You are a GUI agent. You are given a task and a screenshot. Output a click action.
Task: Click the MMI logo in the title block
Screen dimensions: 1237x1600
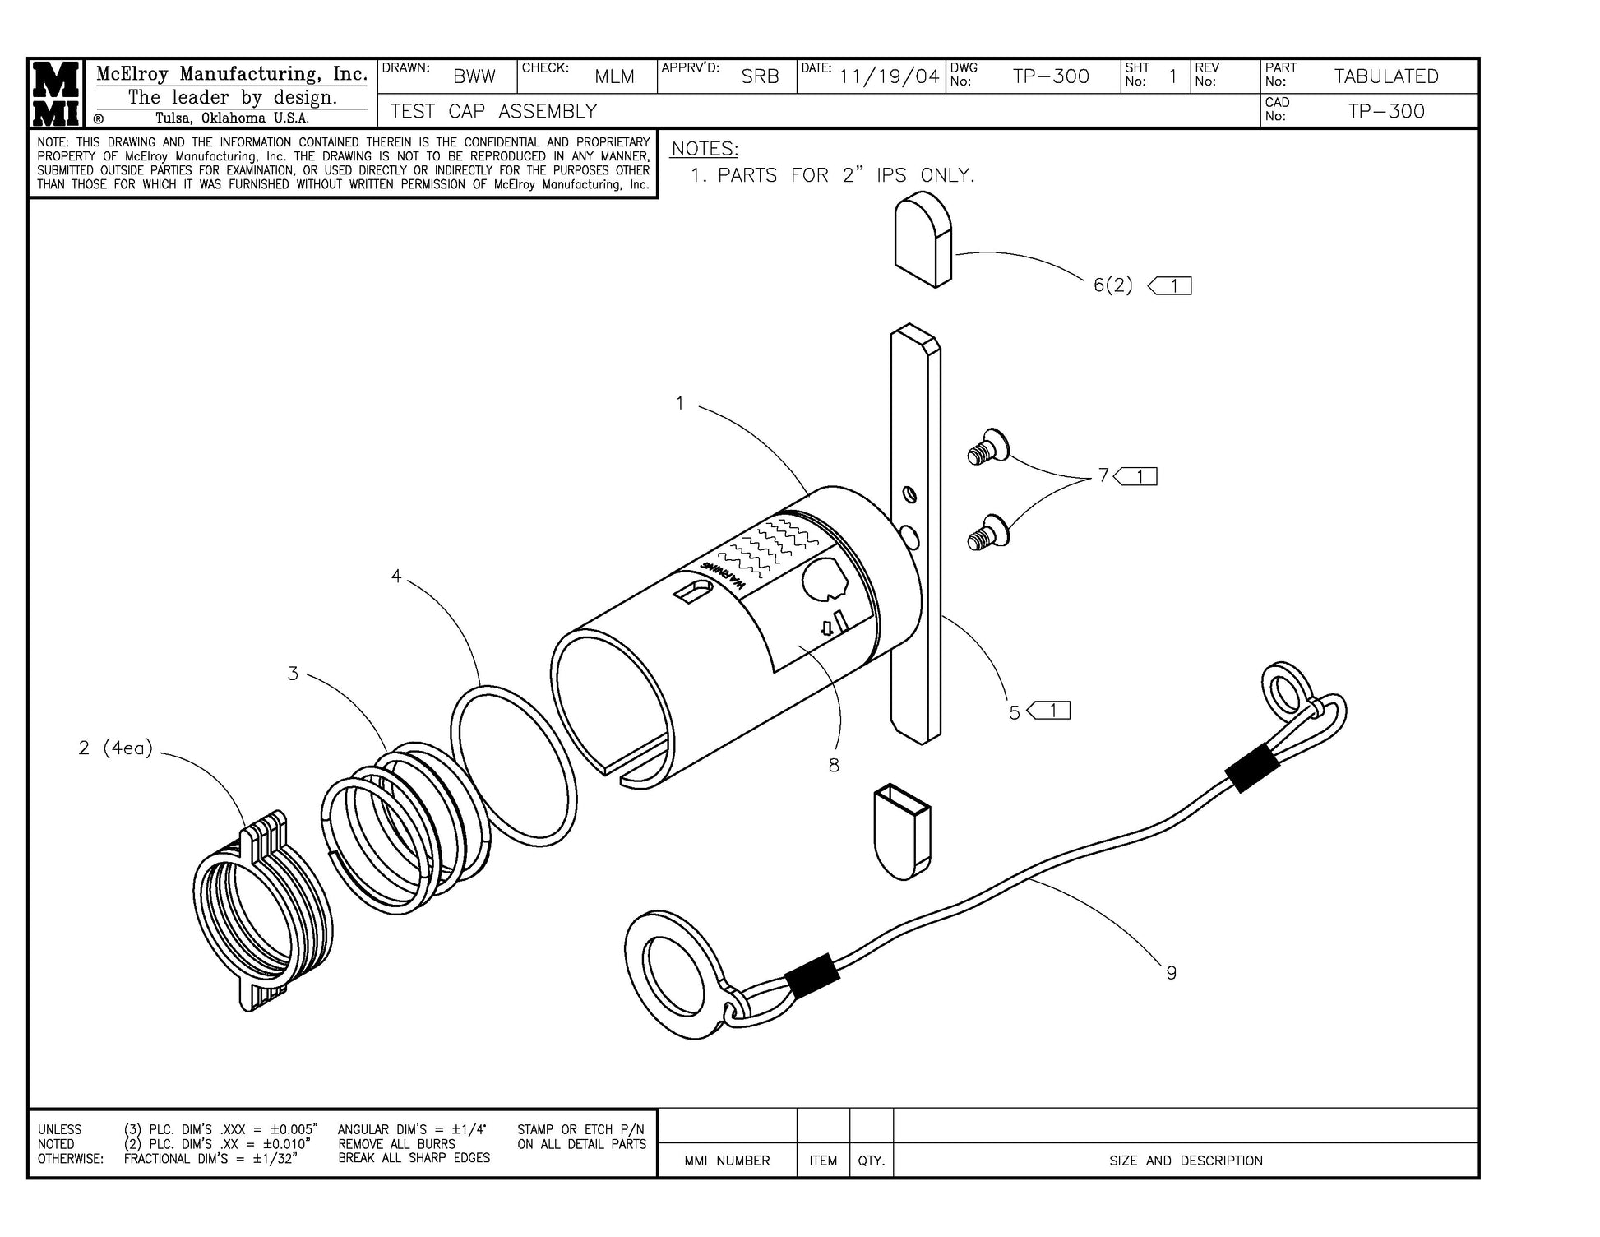tap(56, 93)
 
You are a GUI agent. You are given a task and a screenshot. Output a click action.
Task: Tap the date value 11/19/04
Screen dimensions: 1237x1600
tap(889, 76)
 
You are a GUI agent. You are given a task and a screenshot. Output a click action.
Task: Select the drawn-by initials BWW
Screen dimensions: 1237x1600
tap(474, 77)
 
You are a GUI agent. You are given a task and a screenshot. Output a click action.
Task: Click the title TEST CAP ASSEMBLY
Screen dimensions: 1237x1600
tap(493, 111)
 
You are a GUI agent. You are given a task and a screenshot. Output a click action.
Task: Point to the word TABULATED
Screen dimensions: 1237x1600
tap(1385, 76)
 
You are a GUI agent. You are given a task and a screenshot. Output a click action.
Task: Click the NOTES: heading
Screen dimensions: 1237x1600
tap(705, 149)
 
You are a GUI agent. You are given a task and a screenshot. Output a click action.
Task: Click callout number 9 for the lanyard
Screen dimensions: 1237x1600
tap(1171, 973)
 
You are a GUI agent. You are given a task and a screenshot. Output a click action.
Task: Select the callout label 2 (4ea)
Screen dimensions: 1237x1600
tap(116, 748)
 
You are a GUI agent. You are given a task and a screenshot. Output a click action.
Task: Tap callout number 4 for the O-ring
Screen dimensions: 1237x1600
tap(396, 577)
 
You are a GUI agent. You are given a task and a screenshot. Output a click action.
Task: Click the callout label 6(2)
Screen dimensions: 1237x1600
tap(1113, 285)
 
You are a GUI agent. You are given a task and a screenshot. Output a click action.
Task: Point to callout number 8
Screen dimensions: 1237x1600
tap(834, 766)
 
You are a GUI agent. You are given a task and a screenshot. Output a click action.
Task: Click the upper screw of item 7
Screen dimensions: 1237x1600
tap(987, 447)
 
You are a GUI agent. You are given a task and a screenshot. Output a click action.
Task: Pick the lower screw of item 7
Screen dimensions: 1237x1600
tap(987, 532)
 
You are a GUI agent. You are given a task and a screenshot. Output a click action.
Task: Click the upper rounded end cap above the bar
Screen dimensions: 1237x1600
tap(923, 239)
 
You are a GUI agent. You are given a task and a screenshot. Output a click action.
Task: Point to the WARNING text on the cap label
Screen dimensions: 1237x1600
tap(724, 576)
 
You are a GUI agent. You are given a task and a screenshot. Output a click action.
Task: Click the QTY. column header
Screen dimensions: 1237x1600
tap(871, 1161)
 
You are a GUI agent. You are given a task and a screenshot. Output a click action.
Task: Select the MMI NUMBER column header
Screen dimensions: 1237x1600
tap(727, 1161)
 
